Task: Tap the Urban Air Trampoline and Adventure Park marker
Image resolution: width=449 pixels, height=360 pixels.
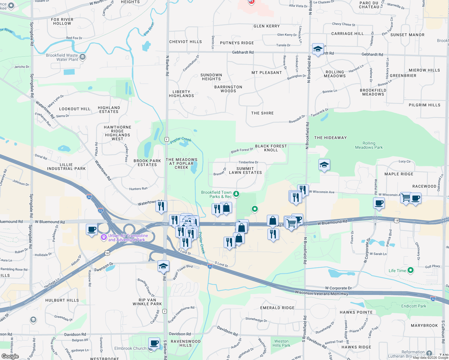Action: (x=104, y=237)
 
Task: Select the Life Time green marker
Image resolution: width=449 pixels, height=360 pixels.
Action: (x=411, y=270)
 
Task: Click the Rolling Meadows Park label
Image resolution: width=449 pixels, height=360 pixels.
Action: (x=369, y=145)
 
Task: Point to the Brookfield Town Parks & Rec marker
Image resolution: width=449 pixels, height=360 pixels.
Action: (x=236, y=194)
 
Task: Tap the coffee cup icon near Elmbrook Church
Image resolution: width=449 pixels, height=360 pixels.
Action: (x=154, y=343)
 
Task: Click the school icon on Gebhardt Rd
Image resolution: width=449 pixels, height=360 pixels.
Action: (x=318, y=49)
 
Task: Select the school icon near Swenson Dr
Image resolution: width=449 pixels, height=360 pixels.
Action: (x=163, y=266)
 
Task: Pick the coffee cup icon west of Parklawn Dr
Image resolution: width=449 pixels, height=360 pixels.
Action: (x=92, y=229)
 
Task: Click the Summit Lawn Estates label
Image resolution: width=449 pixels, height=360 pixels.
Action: (x=245, y=170)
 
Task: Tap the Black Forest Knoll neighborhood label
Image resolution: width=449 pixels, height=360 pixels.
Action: (x=271, y=148)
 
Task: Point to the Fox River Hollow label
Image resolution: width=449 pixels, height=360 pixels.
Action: (x=62, y=21)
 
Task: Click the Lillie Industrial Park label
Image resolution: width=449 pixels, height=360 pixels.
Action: (x=66, y=166)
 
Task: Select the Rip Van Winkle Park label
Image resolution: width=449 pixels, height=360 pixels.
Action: (x=147, y=302)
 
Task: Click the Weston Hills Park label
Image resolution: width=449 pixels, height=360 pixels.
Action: (x=281, y=343)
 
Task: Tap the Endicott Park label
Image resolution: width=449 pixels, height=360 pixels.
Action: (x=414, y=306)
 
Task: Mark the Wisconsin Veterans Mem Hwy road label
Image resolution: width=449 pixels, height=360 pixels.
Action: (x=321, y=293)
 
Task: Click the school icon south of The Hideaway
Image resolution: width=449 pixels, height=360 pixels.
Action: (x=324, y=165)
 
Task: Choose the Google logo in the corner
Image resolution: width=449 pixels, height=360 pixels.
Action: (x=10, y=356)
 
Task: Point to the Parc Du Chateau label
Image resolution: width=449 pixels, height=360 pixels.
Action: (x=369, y=5)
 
